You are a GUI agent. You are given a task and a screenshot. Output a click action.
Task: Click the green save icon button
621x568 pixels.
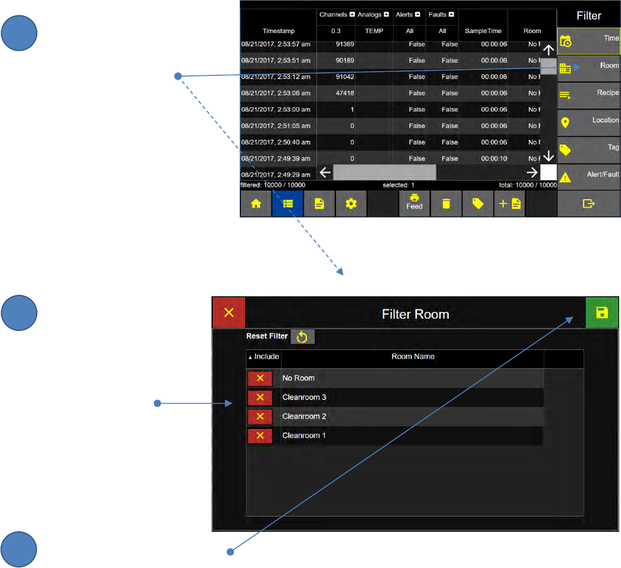pyautogui.click(x=602, y=313)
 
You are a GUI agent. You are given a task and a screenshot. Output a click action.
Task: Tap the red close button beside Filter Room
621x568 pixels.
pyautogui.click(x=229, y=313)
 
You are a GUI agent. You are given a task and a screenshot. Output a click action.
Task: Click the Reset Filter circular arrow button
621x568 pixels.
pyautogui.click(x=302, y=336)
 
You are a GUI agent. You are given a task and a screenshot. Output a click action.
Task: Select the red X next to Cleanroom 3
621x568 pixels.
pyautogui.click(x=260, y=397)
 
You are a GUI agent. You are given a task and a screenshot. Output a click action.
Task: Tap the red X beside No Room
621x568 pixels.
pyautogui.click(x=260, y=378)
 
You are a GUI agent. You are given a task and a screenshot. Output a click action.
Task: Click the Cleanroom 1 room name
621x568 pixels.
pyautogui.click(x=304, y=436)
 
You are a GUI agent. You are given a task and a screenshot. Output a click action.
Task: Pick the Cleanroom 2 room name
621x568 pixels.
pyautogui.click(x=304, y=417)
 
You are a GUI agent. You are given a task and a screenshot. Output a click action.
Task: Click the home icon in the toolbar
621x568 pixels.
pyautogui.click(x=256, y=205)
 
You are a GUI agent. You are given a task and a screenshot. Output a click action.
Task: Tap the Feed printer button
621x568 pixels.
pyautogui.click(x=414, y=203)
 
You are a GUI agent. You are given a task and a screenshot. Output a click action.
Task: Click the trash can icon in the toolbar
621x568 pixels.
pyautogui.click(x=446, y=205)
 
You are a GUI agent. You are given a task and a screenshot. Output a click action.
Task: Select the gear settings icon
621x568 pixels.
pyautogui.click(x=351, y=205)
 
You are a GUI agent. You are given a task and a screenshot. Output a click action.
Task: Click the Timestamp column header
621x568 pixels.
pyautogui.click(x=278, y=31)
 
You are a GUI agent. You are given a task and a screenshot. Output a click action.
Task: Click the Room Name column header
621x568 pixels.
pyautogui.click(x=413, y=357)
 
